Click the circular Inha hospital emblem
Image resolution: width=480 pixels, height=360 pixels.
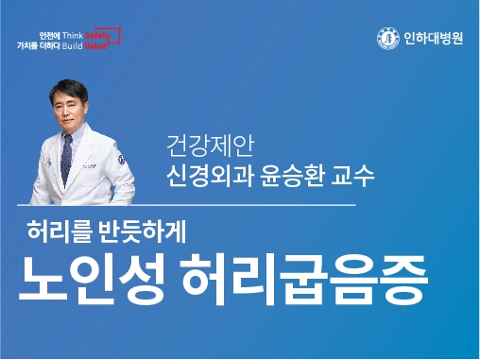pos(386,39)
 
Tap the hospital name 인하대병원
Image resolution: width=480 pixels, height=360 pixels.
pos(427,39)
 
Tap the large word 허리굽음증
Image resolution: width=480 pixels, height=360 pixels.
pos(317,277)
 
